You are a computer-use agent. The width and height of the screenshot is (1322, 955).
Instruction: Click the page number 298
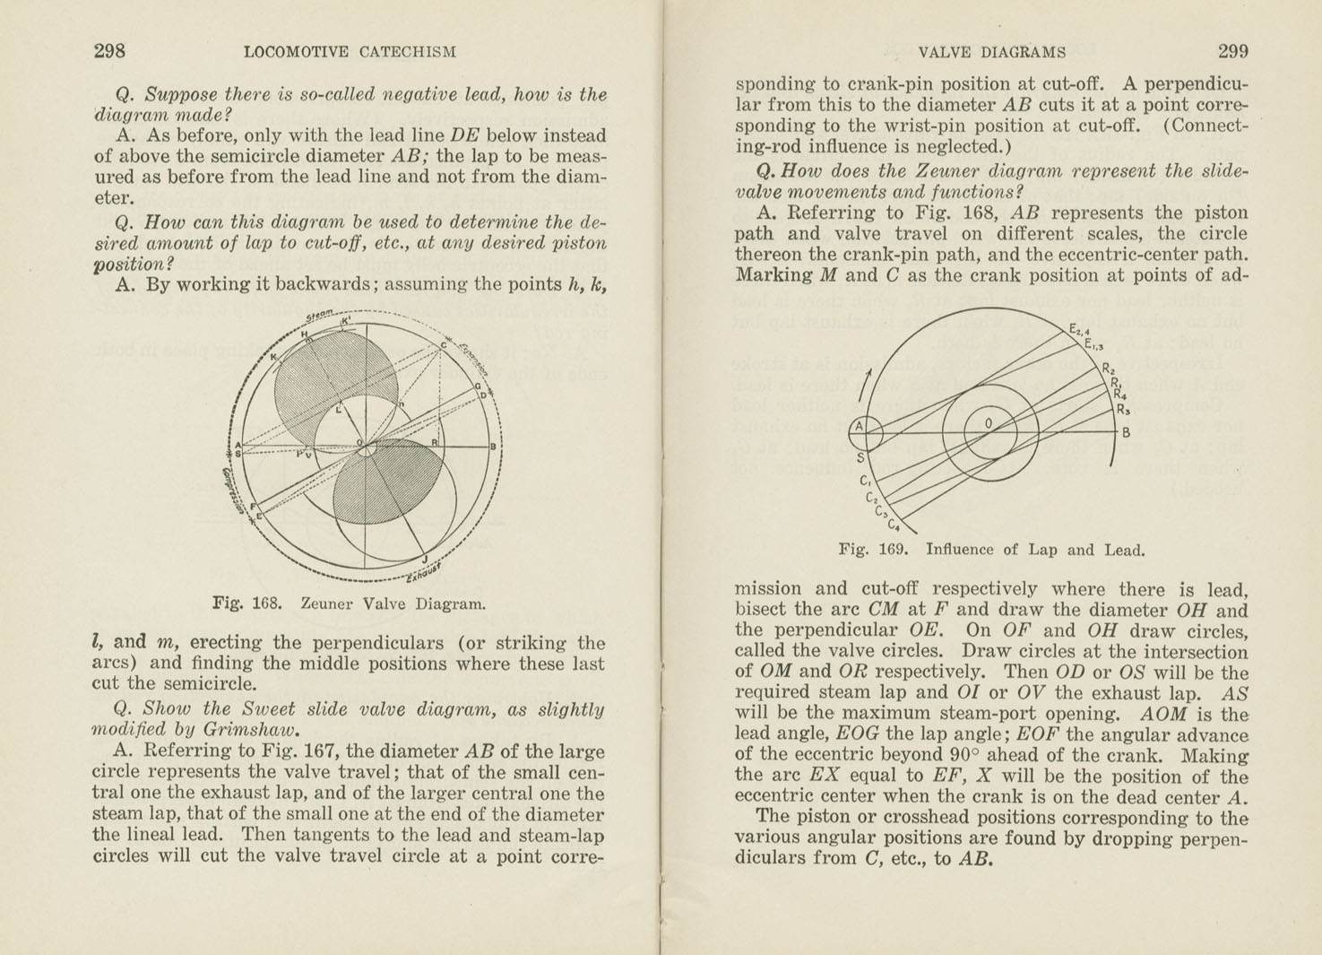coord(109,51)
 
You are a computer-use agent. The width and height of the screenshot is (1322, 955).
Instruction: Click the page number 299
coord(1232,51)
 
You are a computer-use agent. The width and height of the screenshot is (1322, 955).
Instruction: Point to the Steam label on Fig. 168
coord(319,315)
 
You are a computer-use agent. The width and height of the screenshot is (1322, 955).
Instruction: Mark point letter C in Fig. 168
coord(443,346)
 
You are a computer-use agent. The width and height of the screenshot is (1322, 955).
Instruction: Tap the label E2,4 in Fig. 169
coord(1078,331)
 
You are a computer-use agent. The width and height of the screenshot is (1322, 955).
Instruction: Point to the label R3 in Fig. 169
coord(1122,411)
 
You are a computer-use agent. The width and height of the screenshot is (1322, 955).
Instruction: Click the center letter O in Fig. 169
coord(989,423)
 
